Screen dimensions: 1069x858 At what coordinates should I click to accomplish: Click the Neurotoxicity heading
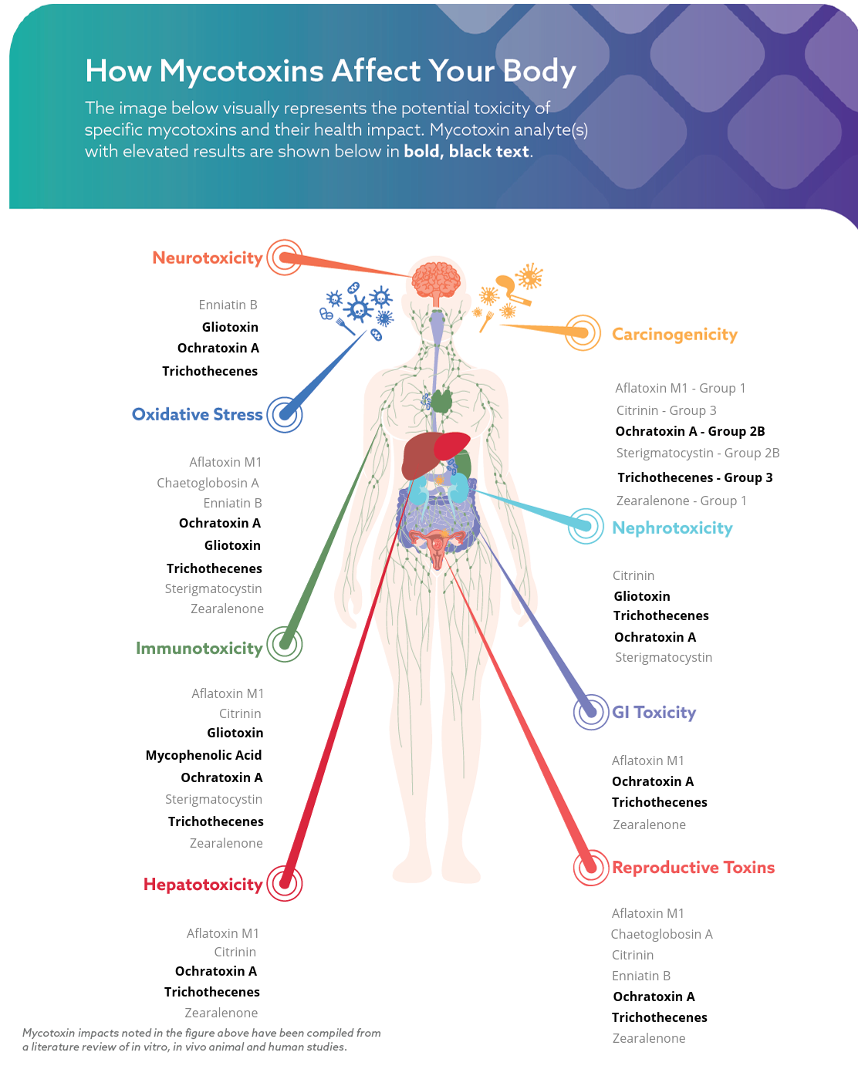tap(207, 258)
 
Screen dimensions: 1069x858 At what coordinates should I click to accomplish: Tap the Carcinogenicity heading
tap(674, 334)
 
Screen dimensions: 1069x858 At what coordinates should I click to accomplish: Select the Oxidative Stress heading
tap(197, 414)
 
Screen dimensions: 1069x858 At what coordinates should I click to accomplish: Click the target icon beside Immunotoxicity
tap(285, 644)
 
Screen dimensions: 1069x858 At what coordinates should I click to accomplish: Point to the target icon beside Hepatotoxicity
tap(285, 883)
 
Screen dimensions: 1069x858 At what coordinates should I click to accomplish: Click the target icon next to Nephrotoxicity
tap(586, 526)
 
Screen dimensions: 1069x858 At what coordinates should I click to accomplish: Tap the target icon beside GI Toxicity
tap(591, 711)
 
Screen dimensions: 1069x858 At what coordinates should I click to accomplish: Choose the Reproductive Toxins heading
tap(693, 867)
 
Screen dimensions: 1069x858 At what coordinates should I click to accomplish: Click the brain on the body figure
tap(436, 279)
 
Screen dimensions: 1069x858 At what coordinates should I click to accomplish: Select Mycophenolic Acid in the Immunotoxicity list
tap(204, 755)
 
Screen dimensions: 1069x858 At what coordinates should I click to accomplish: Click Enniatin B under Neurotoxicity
tap(228, 305)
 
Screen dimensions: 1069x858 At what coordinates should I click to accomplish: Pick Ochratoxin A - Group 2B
tap(690, 431)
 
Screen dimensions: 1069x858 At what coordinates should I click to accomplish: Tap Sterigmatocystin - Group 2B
tap(698, 453)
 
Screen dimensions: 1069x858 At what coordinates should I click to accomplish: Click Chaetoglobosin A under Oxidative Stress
tap(208, 483)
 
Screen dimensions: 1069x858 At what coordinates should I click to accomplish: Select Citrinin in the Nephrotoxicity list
tap(633, 575)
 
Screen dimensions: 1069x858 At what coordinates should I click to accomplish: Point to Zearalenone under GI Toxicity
tap(649, 825)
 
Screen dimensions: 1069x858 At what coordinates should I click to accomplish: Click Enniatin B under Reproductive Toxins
tap(641, 976)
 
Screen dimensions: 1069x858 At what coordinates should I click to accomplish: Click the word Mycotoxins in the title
tap(242, 71)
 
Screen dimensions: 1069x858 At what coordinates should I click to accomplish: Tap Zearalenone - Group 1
tap(681, 501)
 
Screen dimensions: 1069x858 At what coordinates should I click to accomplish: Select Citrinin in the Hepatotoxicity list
tap(235, 952)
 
